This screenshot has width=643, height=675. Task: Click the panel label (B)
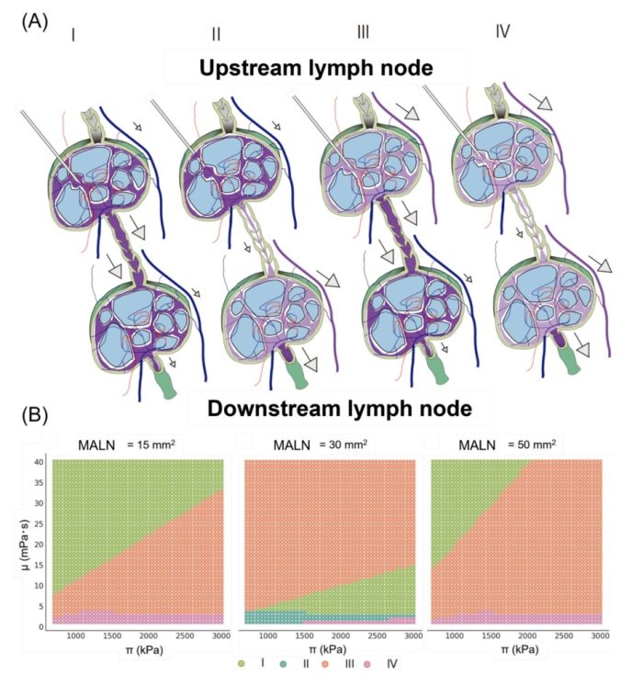pyautogui.click(x=35, y=415)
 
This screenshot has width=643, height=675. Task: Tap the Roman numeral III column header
pyautogui.click(x=363, y=32)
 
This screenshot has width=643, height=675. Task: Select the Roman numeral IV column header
pyautogui.click(x=502, y=31)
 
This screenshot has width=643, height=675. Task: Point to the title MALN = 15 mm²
pyautogui.click(x=126, y=444)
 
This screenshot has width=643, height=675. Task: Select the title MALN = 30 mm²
pyautogui.click(x=320, y=444)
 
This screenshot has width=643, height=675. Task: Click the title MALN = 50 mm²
pyautogui.click(x=507, y=444)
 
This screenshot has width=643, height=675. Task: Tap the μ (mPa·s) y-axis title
pyautogui.click(x=27, y=544)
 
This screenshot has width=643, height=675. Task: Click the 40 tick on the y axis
pyautogui.click(x=39, y=462)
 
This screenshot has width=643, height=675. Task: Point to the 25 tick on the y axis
pyautogui.click(x=39, y=523)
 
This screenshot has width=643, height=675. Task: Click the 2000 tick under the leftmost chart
pyautogui.click(x=148, y=636)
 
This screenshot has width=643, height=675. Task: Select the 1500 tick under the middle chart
pyautogui.click(x=304, y=636)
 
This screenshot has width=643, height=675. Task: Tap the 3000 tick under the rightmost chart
pyautogui.click(x=601, y=636)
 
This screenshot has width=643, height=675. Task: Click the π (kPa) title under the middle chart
pyautogui.click(x=329, y=649)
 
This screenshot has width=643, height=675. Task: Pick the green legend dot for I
pyautogui.click(x=242, y=664)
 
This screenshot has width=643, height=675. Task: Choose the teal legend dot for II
pyautogui.click(x=283, y=664)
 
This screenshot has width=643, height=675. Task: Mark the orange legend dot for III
pyautogui.click(x=325, y=664)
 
